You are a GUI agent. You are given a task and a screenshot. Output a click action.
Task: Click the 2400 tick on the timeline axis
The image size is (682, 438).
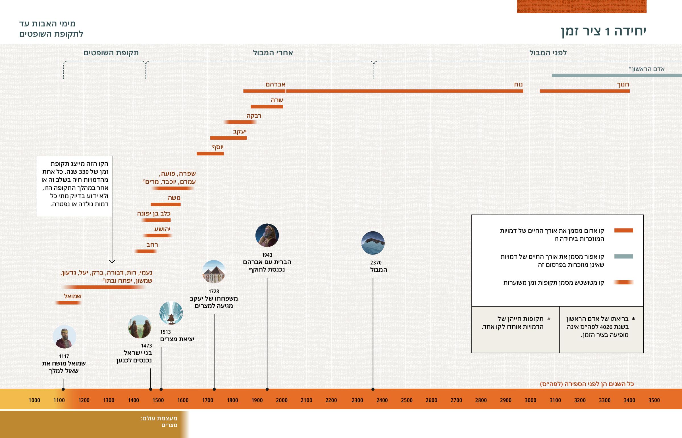(382, 400)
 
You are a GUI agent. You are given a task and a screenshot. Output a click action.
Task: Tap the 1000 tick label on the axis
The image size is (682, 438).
(34, 400)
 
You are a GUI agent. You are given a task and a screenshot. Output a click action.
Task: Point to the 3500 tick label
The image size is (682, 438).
(654, 400)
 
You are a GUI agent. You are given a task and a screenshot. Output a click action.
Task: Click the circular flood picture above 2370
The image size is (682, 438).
(373, 243)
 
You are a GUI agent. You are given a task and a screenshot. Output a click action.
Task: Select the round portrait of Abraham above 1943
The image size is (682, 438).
(267, 235)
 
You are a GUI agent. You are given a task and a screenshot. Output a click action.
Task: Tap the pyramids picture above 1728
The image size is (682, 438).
(214, 272)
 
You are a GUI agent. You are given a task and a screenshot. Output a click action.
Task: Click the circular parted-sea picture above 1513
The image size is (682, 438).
(171, 313)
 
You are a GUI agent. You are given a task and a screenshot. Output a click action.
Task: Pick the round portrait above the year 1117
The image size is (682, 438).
(64, 337)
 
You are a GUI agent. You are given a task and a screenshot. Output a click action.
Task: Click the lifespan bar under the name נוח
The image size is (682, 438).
(404, 91)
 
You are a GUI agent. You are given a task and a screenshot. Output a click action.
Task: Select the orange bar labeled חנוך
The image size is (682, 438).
(585, 91)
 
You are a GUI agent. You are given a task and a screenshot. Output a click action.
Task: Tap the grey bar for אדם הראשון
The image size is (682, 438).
(617, 76)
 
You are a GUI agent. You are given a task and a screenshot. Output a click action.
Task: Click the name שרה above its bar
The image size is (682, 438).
(277, 100)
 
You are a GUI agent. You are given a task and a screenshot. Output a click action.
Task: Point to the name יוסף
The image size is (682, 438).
(218, 147)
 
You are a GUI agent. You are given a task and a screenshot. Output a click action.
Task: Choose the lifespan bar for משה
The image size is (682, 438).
(166, 204)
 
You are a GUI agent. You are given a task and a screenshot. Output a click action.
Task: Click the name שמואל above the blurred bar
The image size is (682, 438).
(72, 296)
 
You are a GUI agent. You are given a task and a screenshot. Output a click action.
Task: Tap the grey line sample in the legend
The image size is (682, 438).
(623, 256)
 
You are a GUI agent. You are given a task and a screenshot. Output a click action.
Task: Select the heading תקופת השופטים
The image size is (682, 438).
(111, 53)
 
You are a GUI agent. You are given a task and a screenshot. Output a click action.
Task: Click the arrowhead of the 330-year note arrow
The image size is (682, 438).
(112, 261)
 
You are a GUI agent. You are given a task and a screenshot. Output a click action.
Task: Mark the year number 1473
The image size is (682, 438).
(146, 345)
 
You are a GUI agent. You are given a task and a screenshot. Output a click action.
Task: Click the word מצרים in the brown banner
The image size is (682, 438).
(169, 425)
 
